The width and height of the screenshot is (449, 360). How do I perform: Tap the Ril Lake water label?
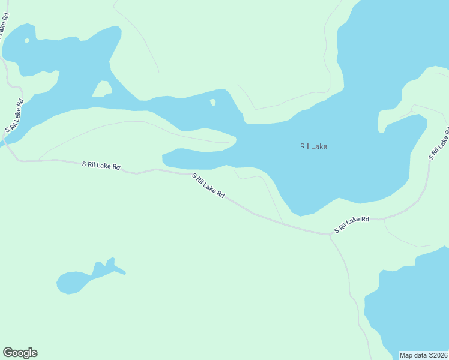pyautogui.click(x=313, y=146)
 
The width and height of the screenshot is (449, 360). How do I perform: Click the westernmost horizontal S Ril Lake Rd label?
pyautogui.click(x=101, y=165)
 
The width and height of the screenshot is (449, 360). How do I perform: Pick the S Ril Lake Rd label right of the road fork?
pyautogui.click(x=352, y=224)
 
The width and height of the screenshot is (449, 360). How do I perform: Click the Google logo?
pyautogui.click(x=20, y=353)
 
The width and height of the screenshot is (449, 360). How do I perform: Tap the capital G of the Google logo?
pyautogui.click(x=8, y=353)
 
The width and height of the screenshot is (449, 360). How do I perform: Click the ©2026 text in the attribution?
pyautogui.click(x=437, y=355)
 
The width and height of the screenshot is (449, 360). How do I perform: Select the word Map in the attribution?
pyautogui.click(x=406, y=355)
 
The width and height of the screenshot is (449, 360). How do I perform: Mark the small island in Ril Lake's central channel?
pyautogui.click(x=212, y=103)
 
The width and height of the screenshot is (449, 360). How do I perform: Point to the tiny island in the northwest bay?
pyautogui.click(x=26, y=41)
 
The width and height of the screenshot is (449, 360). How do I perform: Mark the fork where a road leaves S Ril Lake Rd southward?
pyautogui.click(x=330, y=234)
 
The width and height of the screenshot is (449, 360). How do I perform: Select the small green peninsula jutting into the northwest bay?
pyautogui.click(x=102, y=89)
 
